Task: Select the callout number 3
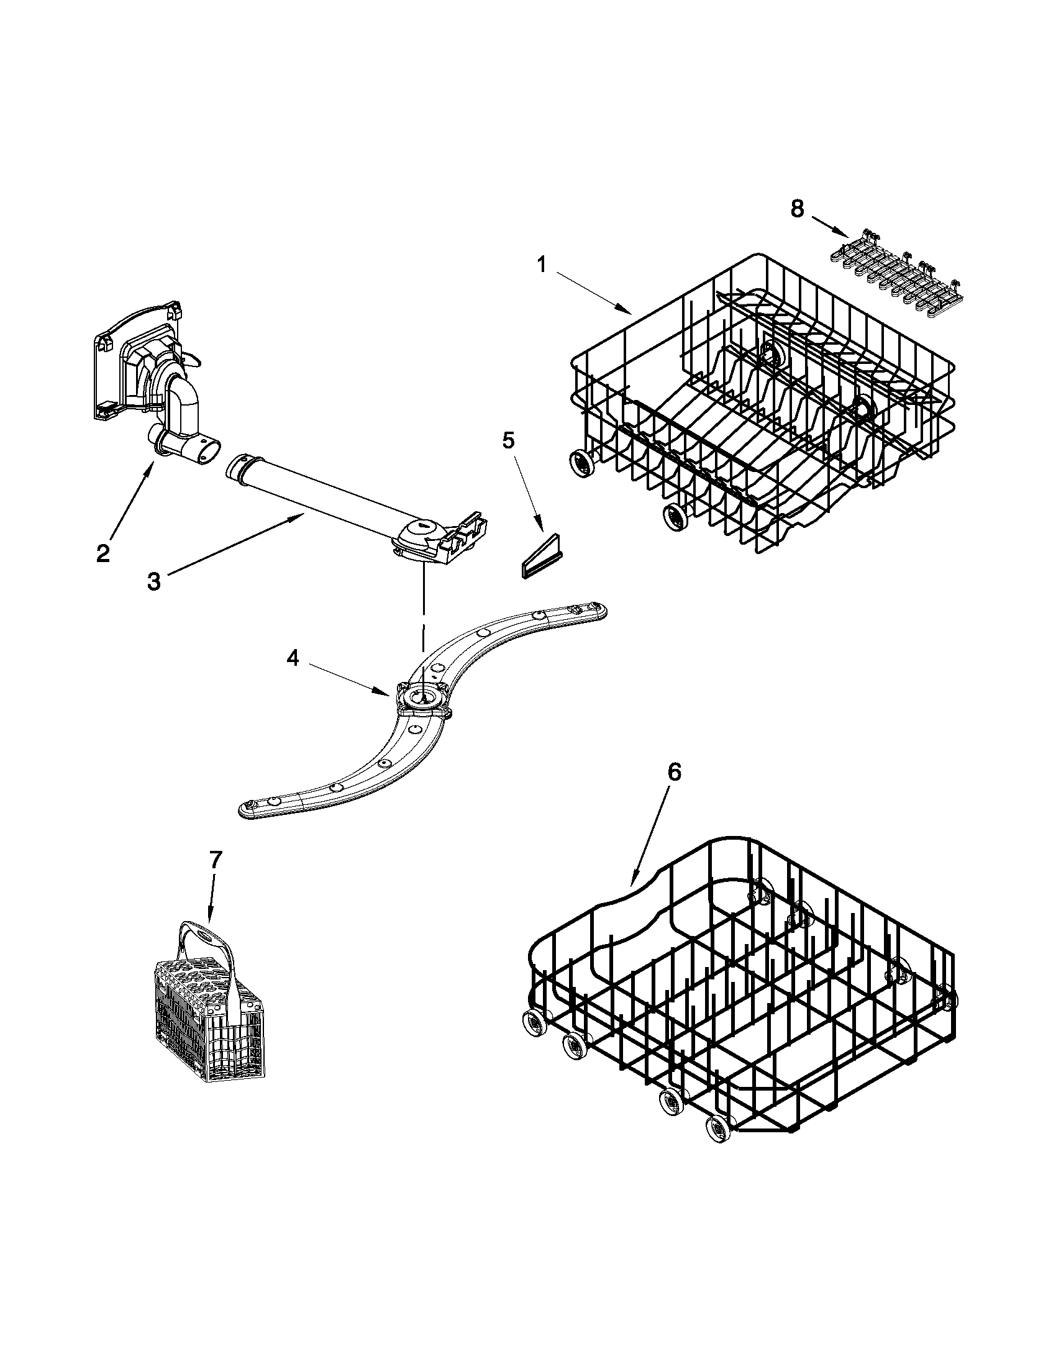(x=153, y=581)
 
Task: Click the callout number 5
(x=508, y=440)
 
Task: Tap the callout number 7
(x=215, y=860)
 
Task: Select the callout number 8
(x=796, y=209)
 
